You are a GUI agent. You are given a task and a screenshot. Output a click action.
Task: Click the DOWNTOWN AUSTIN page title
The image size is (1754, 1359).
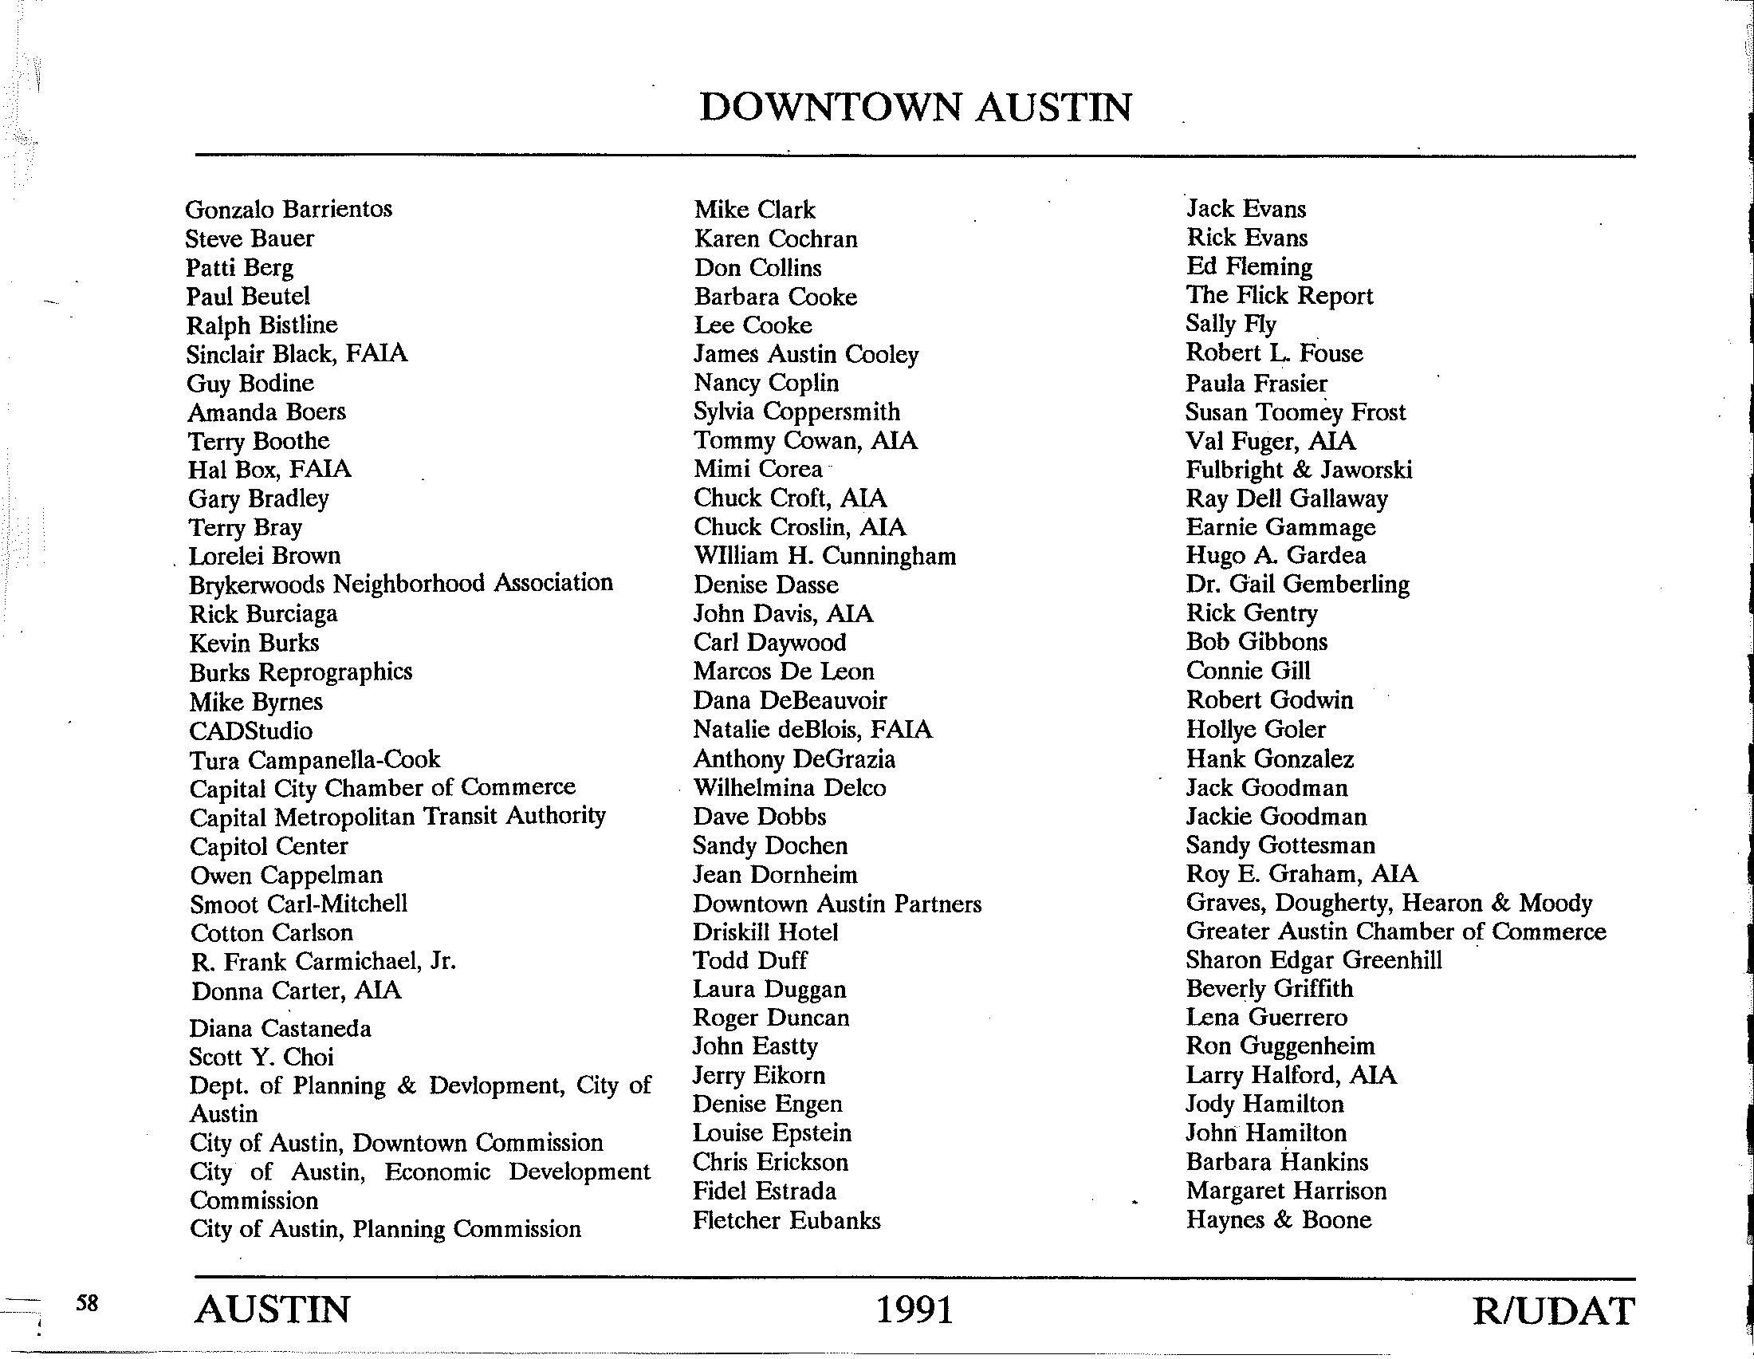coord(915,108)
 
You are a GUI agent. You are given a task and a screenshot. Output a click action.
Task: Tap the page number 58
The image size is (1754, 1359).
coord(87,1303)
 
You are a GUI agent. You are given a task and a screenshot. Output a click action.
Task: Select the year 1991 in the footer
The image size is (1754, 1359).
coord(914,1310)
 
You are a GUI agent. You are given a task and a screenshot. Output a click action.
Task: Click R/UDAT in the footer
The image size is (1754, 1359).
coord(1553,1311)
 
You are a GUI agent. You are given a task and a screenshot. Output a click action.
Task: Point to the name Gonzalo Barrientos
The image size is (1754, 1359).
coord(289,210)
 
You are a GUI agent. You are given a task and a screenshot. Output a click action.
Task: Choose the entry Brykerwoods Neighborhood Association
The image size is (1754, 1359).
coord(401,584)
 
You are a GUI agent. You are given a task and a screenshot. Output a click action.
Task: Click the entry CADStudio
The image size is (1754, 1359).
coord(250,731)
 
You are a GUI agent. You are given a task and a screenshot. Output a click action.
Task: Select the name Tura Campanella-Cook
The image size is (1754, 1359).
coord(315,760)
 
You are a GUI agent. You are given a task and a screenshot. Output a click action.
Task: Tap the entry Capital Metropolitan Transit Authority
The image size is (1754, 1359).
coord(398,817)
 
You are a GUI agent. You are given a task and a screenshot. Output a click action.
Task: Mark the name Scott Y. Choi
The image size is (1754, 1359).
coord(261,1057)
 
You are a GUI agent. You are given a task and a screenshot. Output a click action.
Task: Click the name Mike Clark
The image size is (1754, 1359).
coord(754,211)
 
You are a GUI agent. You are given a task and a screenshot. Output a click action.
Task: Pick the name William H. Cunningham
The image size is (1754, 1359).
coord(825,556)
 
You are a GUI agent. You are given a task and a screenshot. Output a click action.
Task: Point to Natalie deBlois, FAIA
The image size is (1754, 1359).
coord(812,729)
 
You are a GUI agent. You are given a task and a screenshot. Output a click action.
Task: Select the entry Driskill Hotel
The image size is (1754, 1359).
coord(765,932)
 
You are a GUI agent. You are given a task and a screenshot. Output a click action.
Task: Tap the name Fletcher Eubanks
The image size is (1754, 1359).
coord(786,1221)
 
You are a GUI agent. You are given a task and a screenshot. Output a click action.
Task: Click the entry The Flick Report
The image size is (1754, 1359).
coord(1280,296)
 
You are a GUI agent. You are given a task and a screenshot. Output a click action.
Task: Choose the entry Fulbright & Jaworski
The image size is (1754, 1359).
coord(1299,470)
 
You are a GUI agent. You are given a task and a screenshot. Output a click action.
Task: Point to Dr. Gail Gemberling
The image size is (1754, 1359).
coord(1297,584)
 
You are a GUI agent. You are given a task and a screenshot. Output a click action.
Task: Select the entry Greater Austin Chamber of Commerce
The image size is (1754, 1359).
coord(1396,932)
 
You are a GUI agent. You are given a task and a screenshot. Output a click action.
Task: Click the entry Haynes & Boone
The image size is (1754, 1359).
coord(1279,1220)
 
